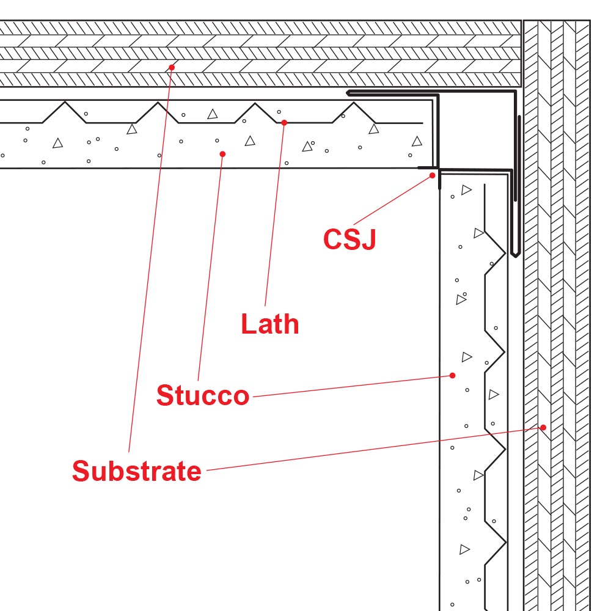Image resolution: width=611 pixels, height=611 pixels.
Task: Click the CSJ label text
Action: (349, 239)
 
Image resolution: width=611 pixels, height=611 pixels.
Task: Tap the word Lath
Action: (269, 324)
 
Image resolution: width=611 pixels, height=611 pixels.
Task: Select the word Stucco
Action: (203, 396)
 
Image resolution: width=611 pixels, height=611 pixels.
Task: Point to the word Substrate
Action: (136, 471)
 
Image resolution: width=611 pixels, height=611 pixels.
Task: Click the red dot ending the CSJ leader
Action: (433, 175)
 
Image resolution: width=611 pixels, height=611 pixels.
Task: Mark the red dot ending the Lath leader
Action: (284, 123)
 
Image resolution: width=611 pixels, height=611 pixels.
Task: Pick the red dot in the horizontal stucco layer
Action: (222, 154)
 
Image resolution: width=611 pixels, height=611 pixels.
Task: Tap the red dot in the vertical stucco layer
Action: (453, 375)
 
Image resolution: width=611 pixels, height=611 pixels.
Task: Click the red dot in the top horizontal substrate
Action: (172, 67)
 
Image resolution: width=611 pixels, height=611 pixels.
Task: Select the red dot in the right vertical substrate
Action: (543, 427)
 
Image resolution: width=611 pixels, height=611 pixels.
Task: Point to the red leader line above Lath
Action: (275, 214)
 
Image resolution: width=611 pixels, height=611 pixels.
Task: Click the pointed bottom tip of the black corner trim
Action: (515, 256)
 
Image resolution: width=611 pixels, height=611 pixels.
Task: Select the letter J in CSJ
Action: (368, 239)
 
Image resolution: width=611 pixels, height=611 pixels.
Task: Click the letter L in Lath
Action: (247, 324)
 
